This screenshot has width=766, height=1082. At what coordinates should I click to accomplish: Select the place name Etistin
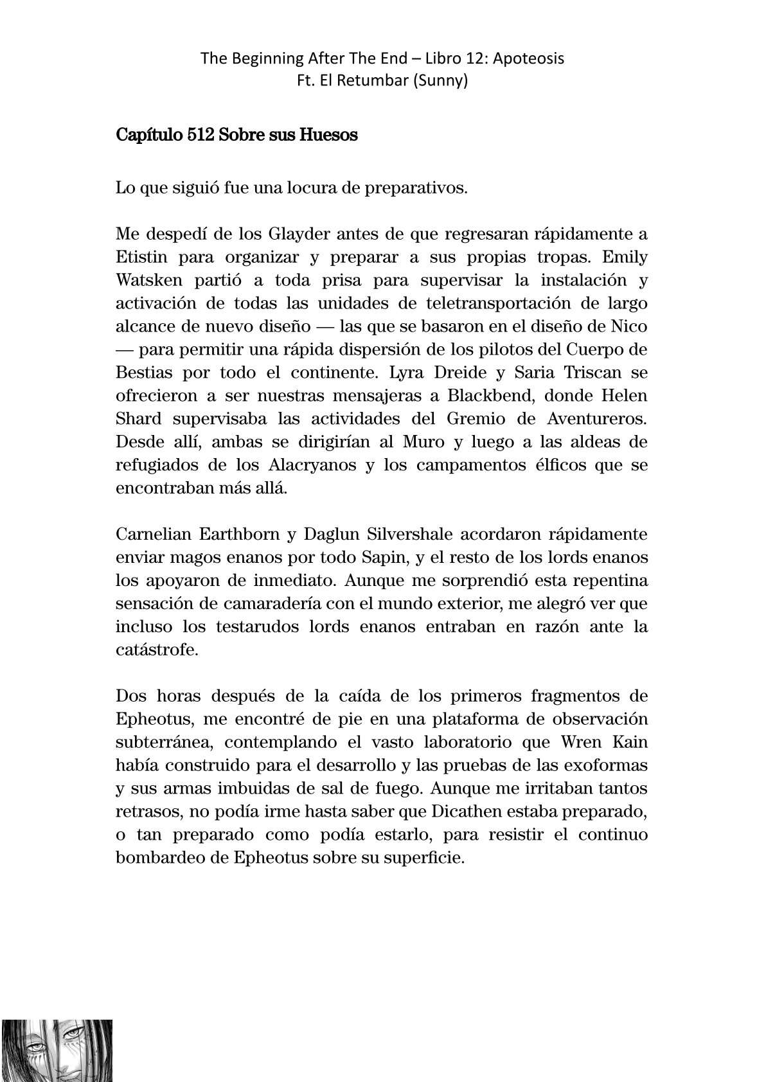click(143, 257)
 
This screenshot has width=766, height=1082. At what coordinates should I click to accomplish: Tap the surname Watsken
click(145, 280)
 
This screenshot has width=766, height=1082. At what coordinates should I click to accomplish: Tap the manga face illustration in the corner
click(57, 1050)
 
